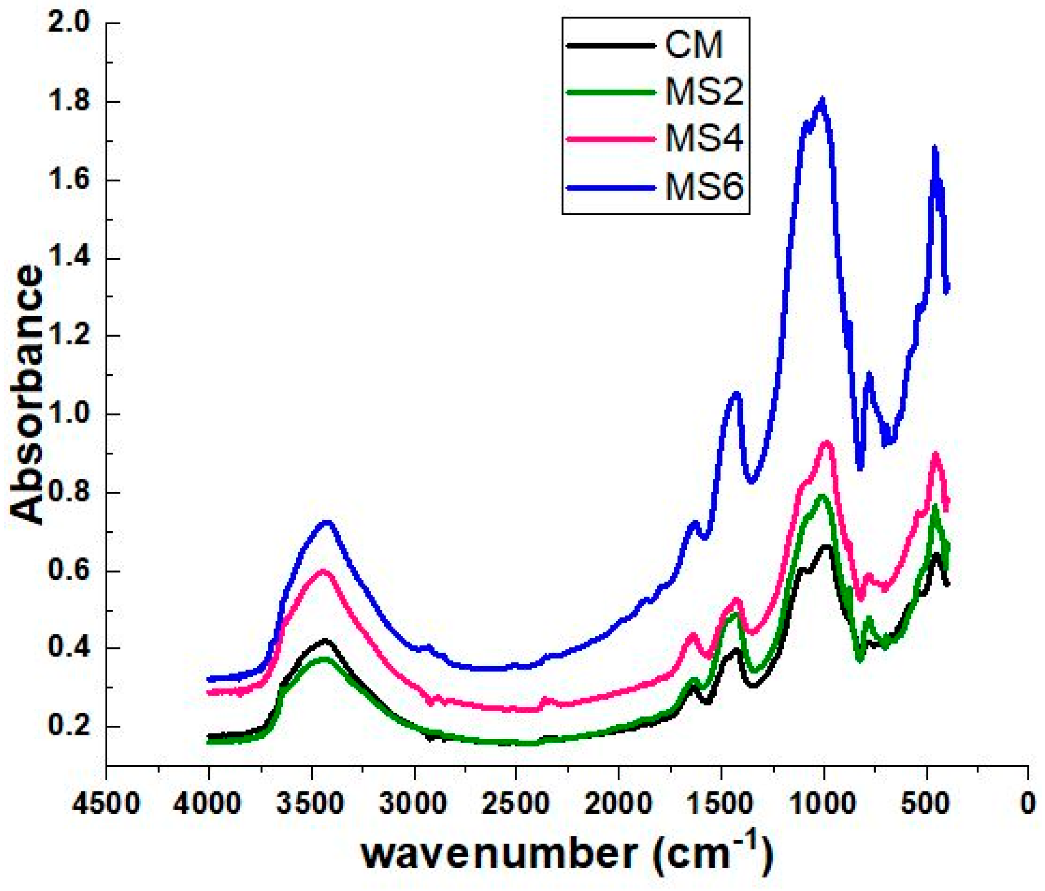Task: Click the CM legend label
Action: pos(694,45)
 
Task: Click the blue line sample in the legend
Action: pos(612,187)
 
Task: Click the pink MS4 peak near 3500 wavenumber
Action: pos(323,571)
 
